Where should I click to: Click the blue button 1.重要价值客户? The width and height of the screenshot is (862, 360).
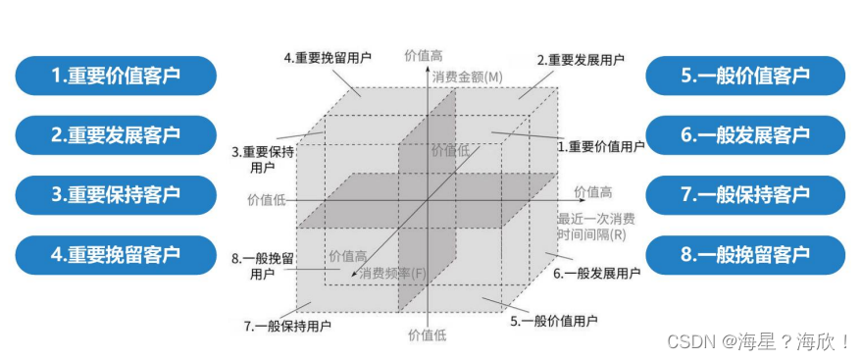click(x=116, y=75)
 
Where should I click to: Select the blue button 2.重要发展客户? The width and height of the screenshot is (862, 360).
click(x=116, y=134)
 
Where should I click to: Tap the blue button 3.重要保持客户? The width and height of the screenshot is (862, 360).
click(x=116, y=194)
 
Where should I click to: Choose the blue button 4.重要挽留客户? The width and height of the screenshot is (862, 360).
click(x=116, y=254)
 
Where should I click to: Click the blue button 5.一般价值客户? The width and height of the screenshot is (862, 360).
click(x=745, y=75)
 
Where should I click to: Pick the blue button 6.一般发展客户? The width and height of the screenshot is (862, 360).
click(x=745, y=134)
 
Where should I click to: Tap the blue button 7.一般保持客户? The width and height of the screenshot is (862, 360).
click(x=745, y=194)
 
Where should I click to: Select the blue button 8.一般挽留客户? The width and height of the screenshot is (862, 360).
click(x=745, y=254)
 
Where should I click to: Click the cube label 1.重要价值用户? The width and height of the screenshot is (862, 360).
click(x=600, y=146)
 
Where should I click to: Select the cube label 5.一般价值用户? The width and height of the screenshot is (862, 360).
click(x=554, y=320)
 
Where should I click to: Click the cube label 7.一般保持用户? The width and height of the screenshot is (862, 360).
click(x=287, y=324)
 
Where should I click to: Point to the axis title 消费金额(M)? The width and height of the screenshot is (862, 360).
click(x=467, y=77)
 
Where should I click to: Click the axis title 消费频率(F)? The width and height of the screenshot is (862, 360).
click(x=392, y=273)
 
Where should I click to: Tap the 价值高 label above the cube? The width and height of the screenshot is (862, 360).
click(x=425, y=56)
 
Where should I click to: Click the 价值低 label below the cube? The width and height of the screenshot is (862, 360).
click(x=427, y=335)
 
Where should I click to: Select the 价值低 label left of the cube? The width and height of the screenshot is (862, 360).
click(x=267, y=199)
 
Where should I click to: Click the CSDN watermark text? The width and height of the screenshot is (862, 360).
click(x=757, y=341)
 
